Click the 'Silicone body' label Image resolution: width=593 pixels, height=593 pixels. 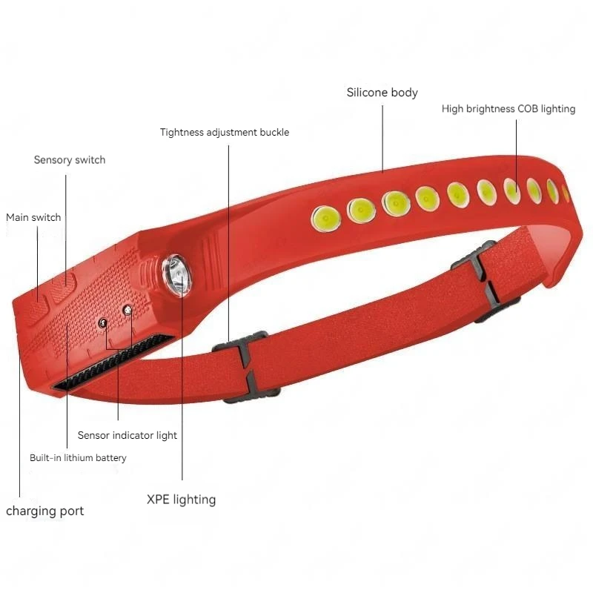pos(382,93)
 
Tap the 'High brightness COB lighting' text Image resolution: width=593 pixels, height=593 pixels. pos(508,109)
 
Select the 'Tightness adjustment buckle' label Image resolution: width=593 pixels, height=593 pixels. pos(225,133)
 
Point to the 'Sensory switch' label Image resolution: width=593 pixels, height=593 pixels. pos(70,160)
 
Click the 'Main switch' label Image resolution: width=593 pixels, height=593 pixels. pos(33,218)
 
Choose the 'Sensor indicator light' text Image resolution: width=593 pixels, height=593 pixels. pos(127,435)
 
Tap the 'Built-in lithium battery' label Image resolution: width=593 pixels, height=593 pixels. pos(78,458)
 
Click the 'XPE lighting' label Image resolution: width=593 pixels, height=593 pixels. pos(181,500)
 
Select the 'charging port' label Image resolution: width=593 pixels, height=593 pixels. pos(45,511)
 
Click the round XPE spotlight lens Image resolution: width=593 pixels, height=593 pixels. pos(178,275)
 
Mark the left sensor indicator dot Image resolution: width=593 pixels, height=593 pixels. pos(103,322)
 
